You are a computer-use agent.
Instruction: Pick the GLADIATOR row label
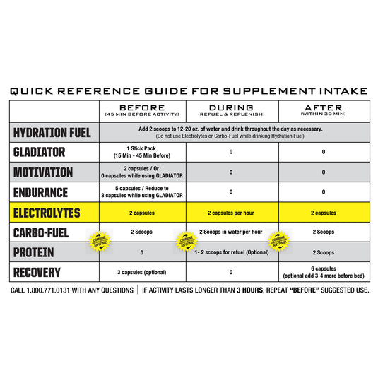click(x=40, y=152)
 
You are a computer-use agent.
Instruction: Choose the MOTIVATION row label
click(x=44, y=172)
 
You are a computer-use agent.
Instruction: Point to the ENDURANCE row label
click(x=42, y=192)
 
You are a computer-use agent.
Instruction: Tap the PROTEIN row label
click(x=35, y=252)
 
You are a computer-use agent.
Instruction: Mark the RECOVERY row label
click(x=37, y=273)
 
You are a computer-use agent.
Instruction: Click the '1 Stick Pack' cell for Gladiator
click(x=142, y=152)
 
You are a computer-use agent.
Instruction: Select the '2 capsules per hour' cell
click(x=232, y=213)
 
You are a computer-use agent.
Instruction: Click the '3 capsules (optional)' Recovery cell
click(x=142, y=273)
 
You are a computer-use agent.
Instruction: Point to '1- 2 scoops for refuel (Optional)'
click(x=232, y=252)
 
